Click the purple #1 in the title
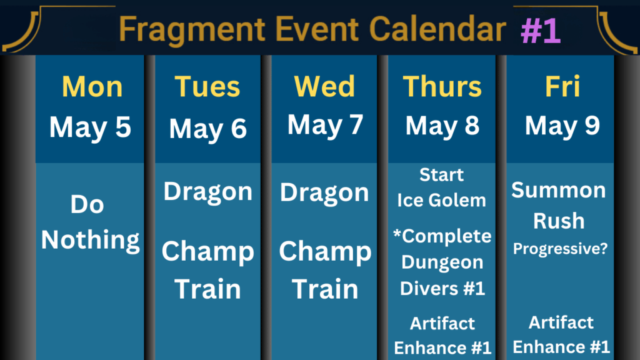541,30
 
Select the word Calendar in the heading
437,29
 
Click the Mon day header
92,86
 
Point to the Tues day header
207,86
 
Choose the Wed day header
324,86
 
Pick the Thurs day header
442,86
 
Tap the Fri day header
562,86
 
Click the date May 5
90,127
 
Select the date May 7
325,125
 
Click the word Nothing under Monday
90,239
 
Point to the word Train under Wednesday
325,289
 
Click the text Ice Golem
442,201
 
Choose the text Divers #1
442,288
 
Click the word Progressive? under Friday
560,249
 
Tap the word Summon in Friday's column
558,190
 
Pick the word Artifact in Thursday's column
442,323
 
